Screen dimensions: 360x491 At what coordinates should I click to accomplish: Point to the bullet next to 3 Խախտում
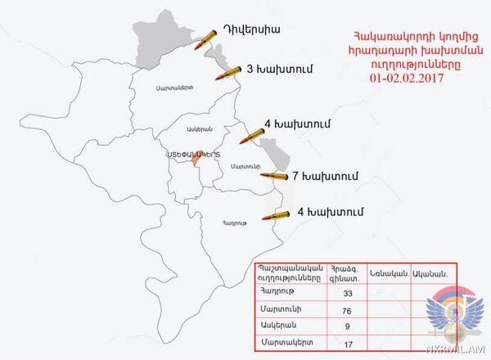(x=228, y=74)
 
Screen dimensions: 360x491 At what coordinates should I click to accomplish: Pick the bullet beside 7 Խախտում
(x=273, y=176)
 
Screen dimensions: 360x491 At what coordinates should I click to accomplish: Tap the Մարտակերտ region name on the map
(x=173, y=87)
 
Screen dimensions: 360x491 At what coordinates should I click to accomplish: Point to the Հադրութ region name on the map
(x=233, y=222)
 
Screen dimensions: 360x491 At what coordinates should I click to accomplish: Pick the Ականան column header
(x=429, y=273)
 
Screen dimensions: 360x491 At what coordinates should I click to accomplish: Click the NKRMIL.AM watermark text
(x=458, y=352)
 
